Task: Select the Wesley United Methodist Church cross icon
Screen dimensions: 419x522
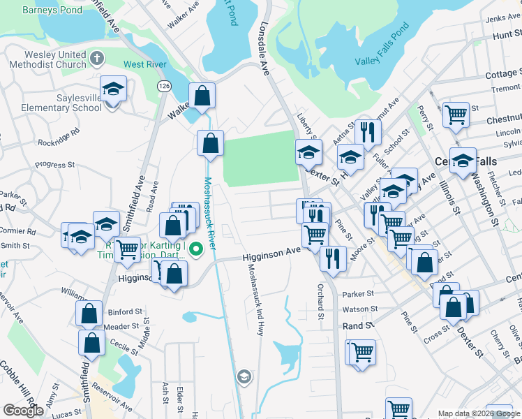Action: pyautogui.click(x=97, y=59)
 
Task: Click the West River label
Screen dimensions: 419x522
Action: pyautogui.click(x=144, y=65)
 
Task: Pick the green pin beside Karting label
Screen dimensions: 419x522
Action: pyautogui.click(x=197, y=248)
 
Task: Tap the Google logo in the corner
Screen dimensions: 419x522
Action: pyautogui.click(x=24, y=411)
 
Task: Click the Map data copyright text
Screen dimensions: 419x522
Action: pyautogui.click(x=479, y=413)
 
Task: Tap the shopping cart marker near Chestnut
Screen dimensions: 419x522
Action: pyautogui.click(x=456, y=115)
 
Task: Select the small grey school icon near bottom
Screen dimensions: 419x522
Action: pyautogui.click(x=244, y=377)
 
